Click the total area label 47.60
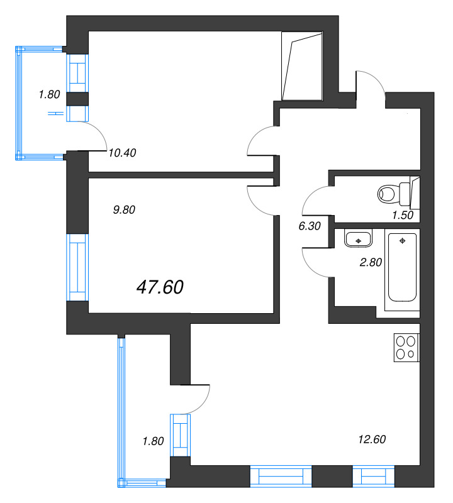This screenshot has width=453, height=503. pos(160,287)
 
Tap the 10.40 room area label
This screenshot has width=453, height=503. pos(122,152)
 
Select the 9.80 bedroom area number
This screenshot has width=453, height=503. pos(124,211)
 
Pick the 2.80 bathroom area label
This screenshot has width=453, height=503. pos(371,262)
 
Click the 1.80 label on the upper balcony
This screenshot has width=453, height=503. pos(48,95)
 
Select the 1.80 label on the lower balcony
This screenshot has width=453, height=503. pos(154,441)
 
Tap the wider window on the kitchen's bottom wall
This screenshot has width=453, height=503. pos(281,475)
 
